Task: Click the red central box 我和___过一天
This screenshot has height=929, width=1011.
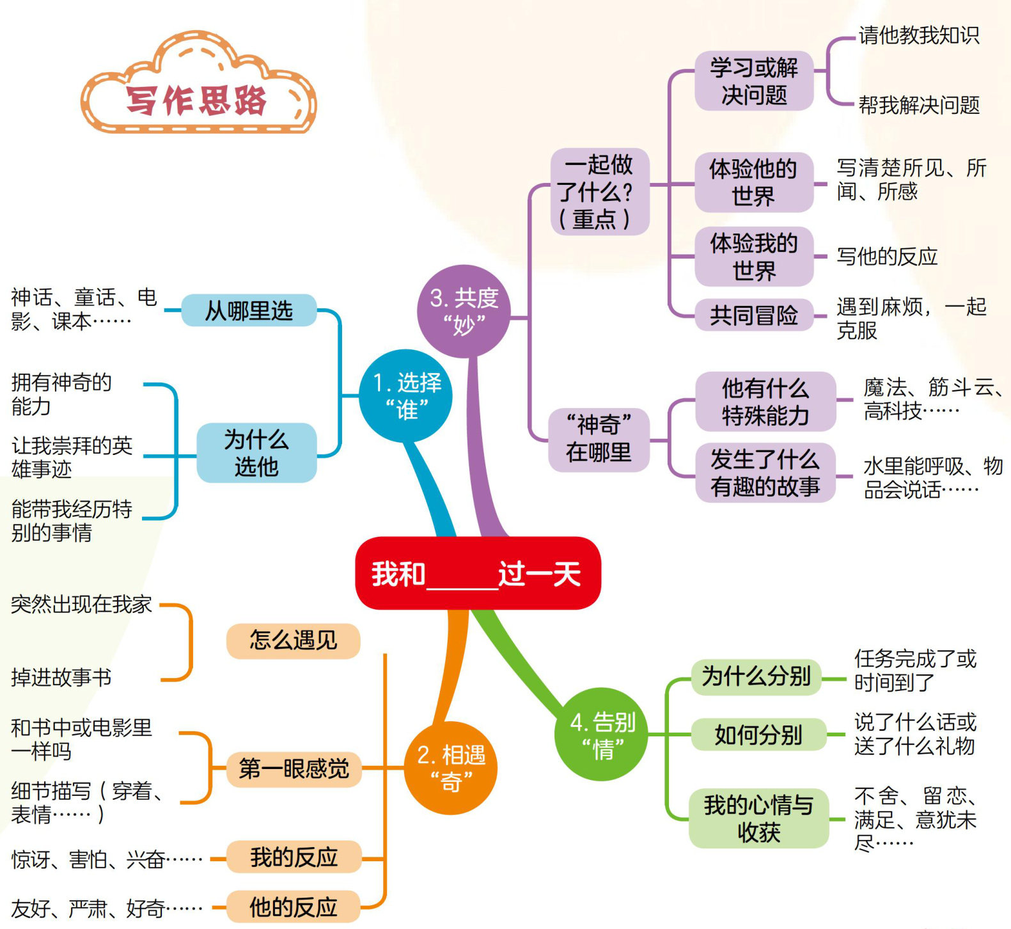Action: point(478,573)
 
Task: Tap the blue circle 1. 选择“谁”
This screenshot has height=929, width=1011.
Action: point(405,396)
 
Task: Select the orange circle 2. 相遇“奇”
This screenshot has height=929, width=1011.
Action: point(451,768)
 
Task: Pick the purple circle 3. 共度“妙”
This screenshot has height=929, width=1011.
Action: point(464,312)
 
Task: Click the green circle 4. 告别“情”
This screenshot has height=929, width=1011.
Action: point(602,734)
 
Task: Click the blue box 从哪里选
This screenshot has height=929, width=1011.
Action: point(249,311)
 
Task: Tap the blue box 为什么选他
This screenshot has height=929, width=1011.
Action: point(256,453)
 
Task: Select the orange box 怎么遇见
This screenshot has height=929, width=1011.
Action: point(294,640)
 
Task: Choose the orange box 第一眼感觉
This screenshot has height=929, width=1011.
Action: point(294,768)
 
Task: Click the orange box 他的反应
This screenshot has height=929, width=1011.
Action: point(294,907)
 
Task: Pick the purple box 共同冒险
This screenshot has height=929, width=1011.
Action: point(753,315)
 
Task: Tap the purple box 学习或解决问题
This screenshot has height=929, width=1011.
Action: point(754,81)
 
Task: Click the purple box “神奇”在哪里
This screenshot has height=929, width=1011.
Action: point(599,439)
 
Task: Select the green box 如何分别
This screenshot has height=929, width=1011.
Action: point(758,735)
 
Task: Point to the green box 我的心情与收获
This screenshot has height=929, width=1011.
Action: point(758,818)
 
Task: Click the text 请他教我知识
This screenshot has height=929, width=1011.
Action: point(918,36)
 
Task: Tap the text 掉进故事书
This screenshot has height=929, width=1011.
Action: point(61,677)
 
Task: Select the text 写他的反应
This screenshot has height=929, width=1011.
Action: point(887,257)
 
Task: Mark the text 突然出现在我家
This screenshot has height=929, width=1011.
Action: point(81,605)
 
